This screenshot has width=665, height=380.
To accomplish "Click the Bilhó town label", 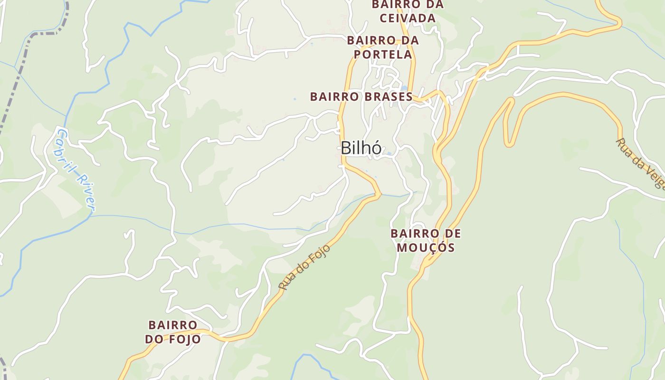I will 361,148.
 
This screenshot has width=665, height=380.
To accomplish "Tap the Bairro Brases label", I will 361,96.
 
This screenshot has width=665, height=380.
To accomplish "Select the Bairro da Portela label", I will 383,47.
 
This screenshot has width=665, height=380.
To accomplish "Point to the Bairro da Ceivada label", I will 407,11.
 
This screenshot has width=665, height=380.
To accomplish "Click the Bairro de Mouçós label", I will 426,240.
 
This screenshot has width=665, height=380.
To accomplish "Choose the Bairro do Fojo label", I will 172,332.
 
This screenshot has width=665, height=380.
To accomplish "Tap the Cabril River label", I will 76,169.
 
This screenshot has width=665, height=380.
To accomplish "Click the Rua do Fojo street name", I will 304,267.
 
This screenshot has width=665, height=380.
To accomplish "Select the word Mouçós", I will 426,247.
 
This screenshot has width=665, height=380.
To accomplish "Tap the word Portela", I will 383,55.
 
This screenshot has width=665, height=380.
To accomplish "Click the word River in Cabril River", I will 87,192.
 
